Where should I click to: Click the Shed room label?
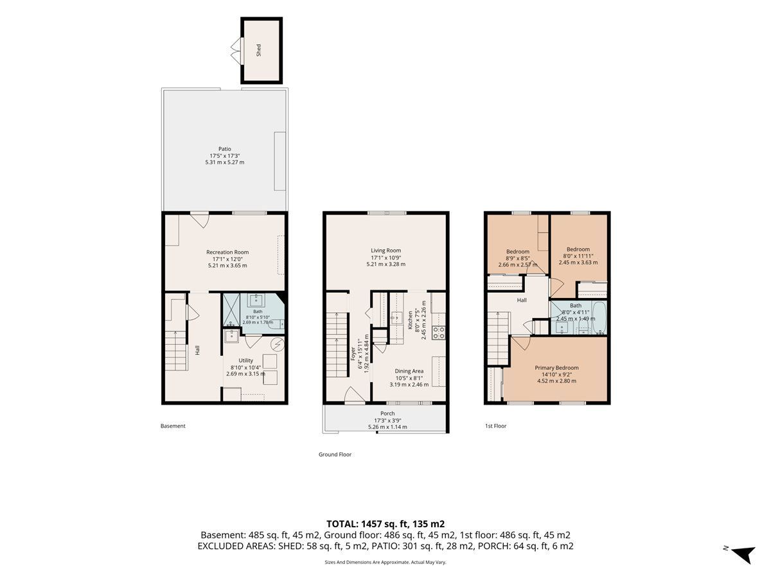click(258, 50)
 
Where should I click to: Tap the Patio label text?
click(224, 149)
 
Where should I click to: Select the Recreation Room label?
click(227, 252)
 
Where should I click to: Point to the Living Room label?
click(385, 250)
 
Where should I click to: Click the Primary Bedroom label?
click(556, 367)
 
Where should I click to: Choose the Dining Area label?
click(409, 371)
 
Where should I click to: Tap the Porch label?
click(387, 414)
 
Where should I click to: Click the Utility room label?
click(245, 360)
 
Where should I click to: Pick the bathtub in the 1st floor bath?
click(599, 318)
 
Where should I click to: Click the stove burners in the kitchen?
click(439, 333)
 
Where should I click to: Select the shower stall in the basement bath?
click(231, 313)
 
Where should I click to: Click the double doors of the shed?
click(237, 51)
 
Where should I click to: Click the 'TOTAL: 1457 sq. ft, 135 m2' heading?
click(385, 524)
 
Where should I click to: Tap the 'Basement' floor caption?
click(173, 426)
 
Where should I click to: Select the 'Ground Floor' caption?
click(335, 454)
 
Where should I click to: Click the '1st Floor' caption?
click(495, 426)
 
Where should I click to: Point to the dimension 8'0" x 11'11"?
click(578, 256)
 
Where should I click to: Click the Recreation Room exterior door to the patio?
click(200, 220)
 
